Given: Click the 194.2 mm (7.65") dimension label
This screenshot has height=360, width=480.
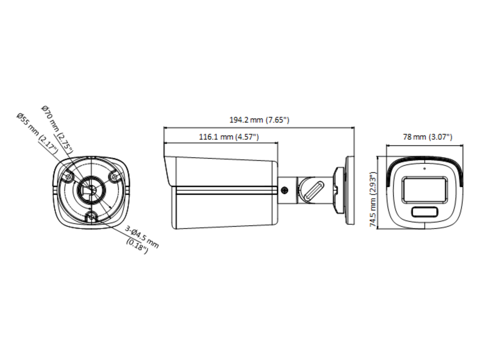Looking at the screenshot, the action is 259,120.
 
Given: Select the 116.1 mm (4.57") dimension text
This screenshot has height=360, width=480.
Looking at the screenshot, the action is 229,137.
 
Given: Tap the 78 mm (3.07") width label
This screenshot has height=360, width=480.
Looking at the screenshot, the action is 428,137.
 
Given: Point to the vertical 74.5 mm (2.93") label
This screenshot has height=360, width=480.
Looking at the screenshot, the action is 373,199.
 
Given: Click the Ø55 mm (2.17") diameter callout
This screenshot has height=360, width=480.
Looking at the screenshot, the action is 38,134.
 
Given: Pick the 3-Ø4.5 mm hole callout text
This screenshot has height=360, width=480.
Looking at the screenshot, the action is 142,237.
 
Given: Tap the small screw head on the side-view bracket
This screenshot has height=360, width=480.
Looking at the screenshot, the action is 284,190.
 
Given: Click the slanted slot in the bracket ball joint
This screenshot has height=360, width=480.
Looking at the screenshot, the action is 314,191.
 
